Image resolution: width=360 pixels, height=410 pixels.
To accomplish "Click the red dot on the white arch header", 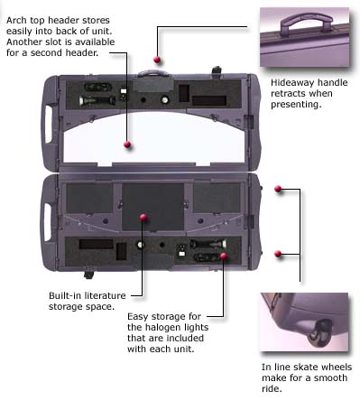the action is pyautogui.click(x=127, y=144).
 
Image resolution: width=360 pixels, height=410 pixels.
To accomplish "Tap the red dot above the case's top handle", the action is pyautogui.click(x=157, y=60).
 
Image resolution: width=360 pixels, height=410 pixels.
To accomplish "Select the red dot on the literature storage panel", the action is pyautogui.click(x=143, y=218).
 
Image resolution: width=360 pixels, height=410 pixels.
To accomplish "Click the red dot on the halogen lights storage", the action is pyautogui.click(x=224, y=256).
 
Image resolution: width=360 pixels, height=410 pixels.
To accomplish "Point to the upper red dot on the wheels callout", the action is pyautogui.click(x=278, y=189).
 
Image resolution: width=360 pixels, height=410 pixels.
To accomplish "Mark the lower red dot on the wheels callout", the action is pyautogui.click(x=278, y=254).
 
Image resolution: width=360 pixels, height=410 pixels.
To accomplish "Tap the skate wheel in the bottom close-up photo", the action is pyautogui.click(x=320, y=334).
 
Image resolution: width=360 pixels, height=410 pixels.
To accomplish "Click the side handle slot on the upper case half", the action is pyautogui.click(x=49, y=124).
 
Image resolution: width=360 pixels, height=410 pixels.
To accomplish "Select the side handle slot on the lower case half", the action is pyautogui.click(x=48, y=222).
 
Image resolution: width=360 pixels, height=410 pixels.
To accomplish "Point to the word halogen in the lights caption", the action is pyautogui.click(x=161, y=328).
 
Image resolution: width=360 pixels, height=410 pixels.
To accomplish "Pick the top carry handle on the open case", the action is pyautogui.click(x=152, y=73).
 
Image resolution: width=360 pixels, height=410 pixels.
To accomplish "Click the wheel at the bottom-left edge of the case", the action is pyautogui.click(x=88, y=275).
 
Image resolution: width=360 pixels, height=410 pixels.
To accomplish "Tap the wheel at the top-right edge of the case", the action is pyautogui.click(x=217, y=70).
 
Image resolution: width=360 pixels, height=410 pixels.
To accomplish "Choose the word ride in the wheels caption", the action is pyautogui.click(x=271, y=388).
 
